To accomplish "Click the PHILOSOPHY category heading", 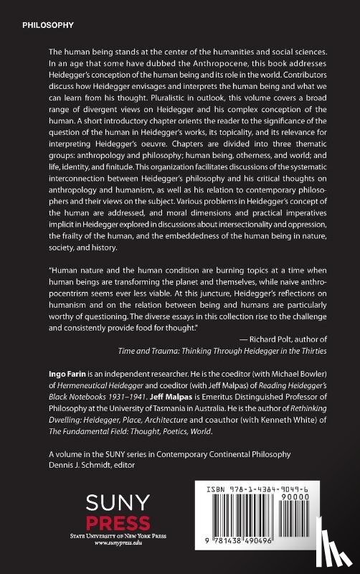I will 48,24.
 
